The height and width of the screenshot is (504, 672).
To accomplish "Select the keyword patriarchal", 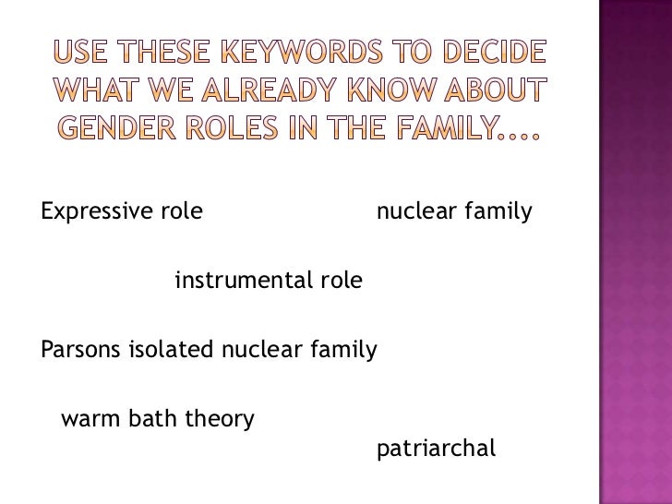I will pos(437,450).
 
